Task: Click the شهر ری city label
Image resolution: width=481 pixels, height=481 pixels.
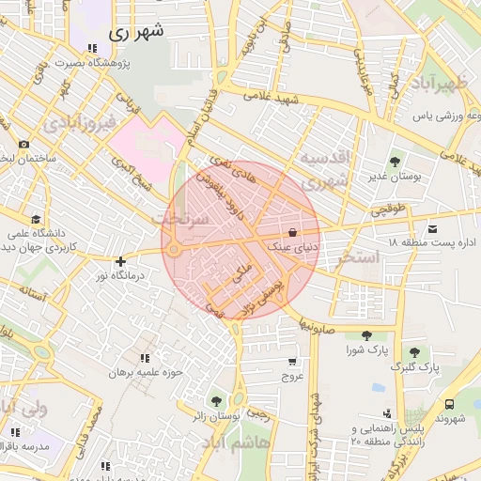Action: [136, 30]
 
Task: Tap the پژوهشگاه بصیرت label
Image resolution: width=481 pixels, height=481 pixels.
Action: [91, 63]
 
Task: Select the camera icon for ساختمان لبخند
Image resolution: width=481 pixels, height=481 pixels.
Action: [23, 145]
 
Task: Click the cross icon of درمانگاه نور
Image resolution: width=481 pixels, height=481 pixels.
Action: [119, 262]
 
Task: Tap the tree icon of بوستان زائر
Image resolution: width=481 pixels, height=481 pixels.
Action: [217, 400]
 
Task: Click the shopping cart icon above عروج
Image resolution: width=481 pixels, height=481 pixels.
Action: [293, 361]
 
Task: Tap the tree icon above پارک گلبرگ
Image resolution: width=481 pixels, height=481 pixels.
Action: [414, 351]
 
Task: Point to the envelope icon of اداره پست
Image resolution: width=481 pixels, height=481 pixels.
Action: [432, 228]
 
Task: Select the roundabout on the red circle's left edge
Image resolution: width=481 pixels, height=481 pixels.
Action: [174, 249]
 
